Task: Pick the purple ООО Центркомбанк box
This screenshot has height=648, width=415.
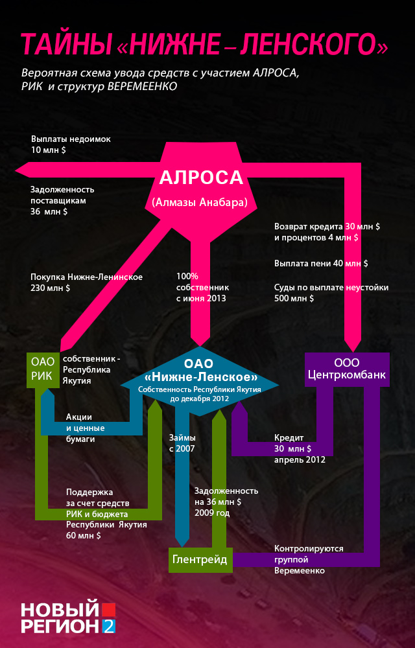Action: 347,369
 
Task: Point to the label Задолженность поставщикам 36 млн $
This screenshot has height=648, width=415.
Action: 62,200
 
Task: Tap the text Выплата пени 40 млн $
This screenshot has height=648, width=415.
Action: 321,264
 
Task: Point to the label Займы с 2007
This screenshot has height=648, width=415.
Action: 182,443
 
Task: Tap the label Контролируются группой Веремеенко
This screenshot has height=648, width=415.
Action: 308,559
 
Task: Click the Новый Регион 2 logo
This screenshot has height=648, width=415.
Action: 67,618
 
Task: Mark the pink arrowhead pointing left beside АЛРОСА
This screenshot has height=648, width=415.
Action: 21,170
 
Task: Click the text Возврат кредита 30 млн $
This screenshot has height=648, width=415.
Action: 327,227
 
